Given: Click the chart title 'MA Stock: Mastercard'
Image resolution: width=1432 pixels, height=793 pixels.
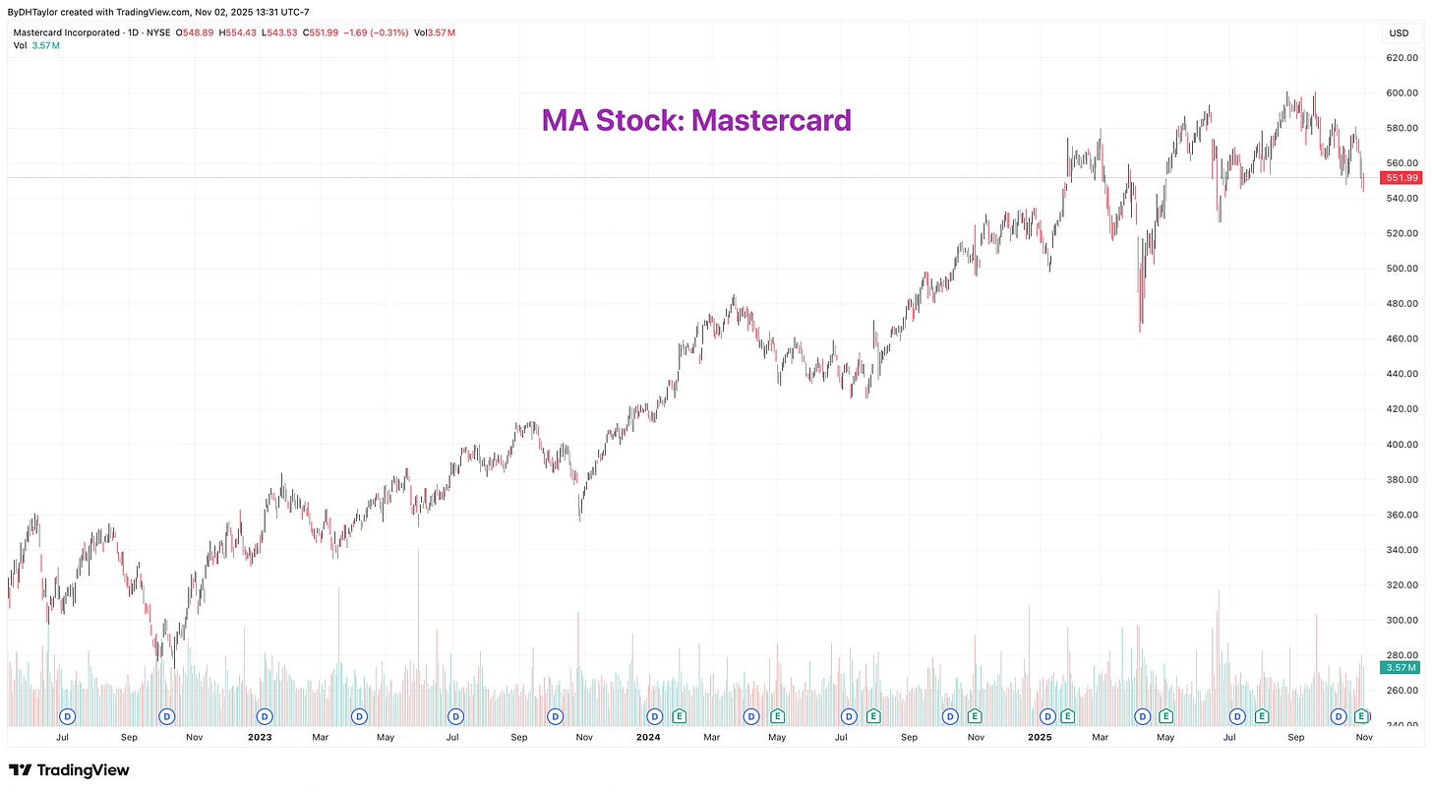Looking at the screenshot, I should coord(696,120).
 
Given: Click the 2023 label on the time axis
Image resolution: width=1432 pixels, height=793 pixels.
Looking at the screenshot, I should coord(260,736).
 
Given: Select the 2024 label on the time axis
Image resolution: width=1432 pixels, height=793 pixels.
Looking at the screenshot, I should coord(647,736).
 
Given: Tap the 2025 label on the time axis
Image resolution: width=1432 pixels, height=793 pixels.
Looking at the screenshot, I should coord(1041,736).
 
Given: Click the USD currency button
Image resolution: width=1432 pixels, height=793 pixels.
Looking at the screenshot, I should coord(1398,32).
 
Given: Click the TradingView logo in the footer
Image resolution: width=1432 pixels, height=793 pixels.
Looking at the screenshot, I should coord(69,770).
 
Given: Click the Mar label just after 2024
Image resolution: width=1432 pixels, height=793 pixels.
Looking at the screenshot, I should coord(711,736).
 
